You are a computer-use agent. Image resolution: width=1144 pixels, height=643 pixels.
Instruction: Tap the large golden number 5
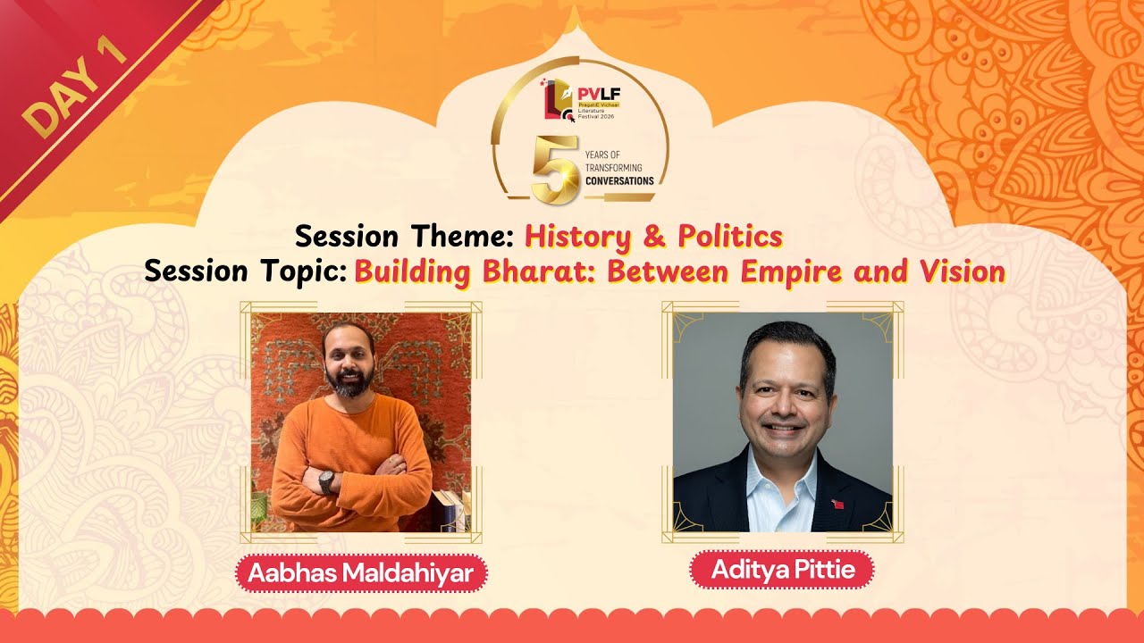pyautogui.click(x=554, y=170)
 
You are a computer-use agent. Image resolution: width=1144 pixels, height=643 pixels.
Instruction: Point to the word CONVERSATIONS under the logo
pyautogui.click(x=619, y=181)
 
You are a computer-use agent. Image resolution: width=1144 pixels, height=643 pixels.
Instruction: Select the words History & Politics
pyautogui.click(x=653, y=237)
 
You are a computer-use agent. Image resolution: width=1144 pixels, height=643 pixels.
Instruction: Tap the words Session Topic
pyautogui.click(x=246, y=270)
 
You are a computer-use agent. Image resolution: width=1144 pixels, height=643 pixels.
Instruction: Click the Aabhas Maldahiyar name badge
pyautogui.click(x=360, y=573)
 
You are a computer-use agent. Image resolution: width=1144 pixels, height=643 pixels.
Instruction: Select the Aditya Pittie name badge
pyautogui.click(x=782, y=570)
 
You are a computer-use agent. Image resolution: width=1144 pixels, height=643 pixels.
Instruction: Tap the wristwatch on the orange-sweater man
pyautogui.click(x=326, y=481)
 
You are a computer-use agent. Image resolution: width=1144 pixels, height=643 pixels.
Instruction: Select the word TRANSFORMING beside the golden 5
pyautogui.click(x=613, y=168)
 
